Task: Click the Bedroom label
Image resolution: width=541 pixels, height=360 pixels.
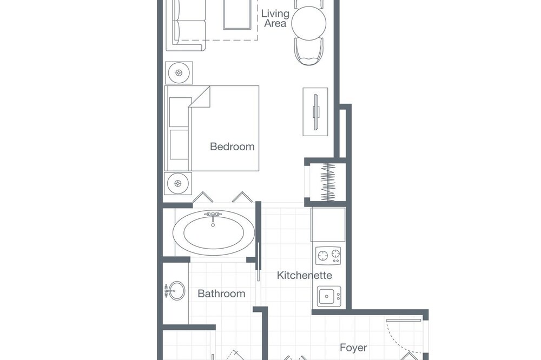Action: tap(232, 146)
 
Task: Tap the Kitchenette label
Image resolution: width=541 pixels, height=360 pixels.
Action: tap(304, 275)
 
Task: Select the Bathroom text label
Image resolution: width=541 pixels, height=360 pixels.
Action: tap(221, 294)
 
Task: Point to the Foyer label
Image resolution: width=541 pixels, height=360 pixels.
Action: tap(353, 348)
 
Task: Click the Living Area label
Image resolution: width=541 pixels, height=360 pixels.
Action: tap(275, 18)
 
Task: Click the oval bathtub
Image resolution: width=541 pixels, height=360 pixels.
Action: tap(214, 232)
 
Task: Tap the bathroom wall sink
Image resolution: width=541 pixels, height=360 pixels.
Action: tap(176, 291)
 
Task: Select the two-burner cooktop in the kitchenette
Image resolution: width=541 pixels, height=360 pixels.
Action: tap(328, 256)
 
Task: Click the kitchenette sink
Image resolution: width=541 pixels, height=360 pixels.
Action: tap(329, 296)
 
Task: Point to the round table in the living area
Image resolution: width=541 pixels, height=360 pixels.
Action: tap(309, 23)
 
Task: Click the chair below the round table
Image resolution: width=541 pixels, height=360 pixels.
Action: tap(309, 51)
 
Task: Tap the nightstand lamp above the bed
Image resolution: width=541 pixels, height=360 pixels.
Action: tap(179, 73)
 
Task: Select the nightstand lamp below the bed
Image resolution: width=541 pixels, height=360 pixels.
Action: tap(178, 183)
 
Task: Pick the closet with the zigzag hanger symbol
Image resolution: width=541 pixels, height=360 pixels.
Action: tap(328, 182)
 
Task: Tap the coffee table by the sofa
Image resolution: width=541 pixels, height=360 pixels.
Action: tap(237, 15)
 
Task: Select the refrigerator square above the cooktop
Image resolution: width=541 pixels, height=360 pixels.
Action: tap(328, 224)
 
